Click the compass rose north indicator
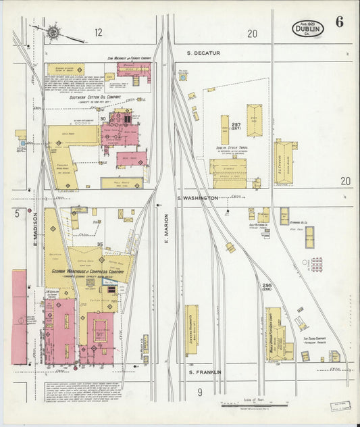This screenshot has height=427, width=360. point(53,30)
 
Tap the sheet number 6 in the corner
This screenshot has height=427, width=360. point(339,22)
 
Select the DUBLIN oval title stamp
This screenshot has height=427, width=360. point(308,28)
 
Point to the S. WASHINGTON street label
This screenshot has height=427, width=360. point(198,198)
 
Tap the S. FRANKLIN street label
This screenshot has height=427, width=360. point(205,372)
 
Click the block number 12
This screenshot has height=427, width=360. point(99,32)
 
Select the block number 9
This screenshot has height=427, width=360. point(200,393)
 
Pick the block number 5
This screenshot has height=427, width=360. point(16,214)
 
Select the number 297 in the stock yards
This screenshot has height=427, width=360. point(236,126)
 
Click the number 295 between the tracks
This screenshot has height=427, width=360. point(267,286)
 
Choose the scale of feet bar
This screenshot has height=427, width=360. point(253,405)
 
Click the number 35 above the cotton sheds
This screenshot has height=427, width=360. point(99,245)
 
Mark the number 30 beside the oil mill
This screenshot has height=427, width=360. point(103,119)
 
